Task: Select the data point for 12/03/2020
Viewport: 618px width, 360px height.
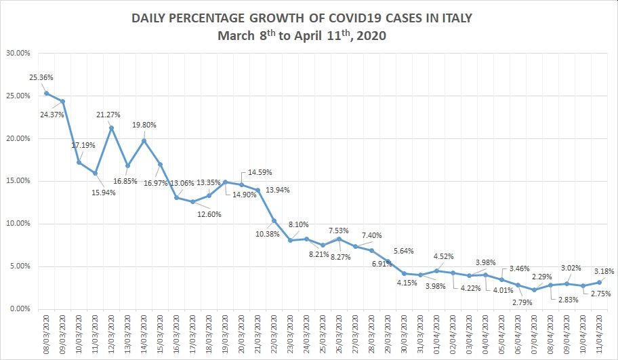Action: coord(111,127)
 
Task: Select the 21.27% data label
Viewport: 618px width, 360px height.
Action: coord(109,114)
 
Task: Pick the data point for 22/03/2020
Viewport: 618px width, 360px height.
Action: coord(274,220)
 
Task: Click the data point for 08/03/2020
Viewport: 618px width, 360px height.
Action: coord(46,93)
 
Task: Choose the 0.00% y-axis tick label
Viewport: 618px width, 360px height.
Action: coord(19,308)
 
